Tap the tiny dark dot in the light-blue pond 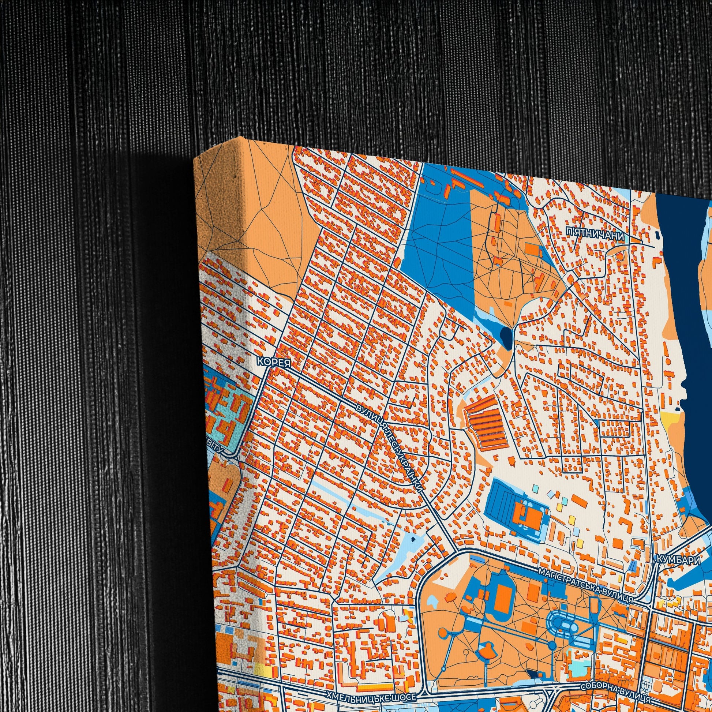tap(413, 539)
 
